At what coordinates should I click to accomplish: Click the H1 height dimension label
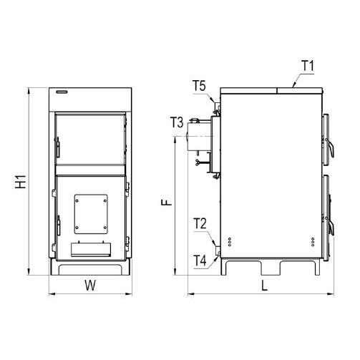pyautogui.click(x=21, y=181)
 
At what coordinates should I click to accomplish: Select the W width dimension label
pyautogui.click(x=90, y=285)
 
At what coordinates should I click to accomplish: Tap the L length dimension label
pyautogui.click(x=264, y=286)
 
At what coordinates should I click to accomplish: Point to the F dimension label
pyautogui.click(x=167, y=203)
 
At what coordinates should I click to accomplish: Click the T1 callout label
pyautogui.click(x=308, y=66)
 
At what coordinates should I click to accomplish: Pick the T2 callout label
pyautogui.click(x=200, y=223)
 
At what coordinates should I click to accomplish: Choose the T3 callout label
pyautogui.click(x=177, y=122)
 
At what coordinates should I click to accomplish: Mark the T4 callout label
pyautogui.click(x=200, y=261)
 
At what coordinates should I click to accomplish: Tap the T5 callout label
pyautogui.click(x=199, y=86)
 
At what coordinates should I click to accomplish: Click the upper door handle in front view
pyautogui.click(x=57, y=147)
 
